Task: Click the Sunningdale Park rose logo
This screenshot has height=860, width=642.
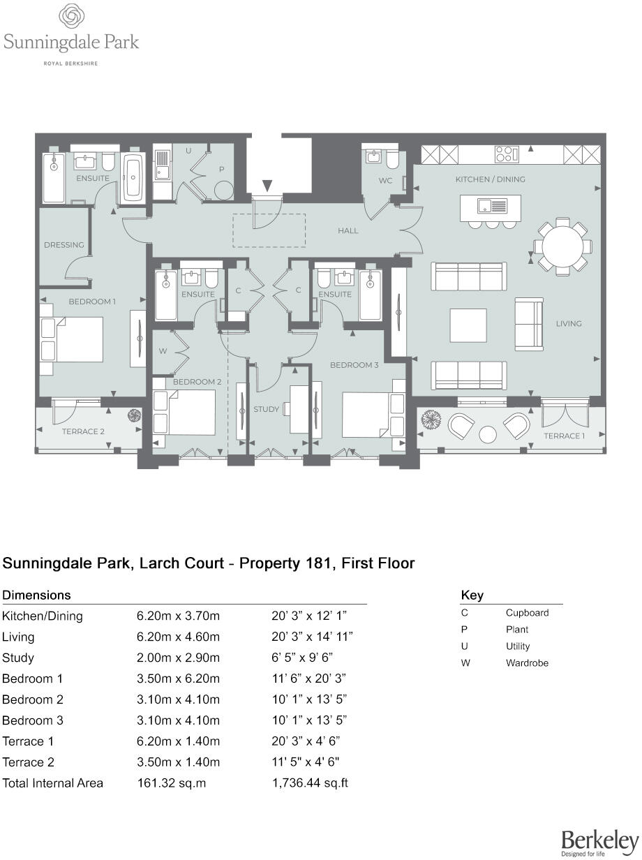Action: tap(70, 16)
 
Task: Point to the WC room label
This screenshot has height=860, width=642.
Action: tap(385, 181)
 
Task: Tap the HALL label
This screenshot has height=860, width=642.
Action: tap(348, 231)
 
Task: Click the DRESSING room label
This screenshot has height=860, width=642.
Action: tap(64, 245)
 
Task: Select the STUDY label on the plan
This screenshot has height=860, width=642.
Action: tap(266, 409)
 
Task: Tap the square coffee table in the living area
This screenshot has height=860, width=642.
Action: tap(468, 325)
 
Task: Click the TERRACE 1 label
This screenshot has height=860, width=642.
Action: tap(564, 436)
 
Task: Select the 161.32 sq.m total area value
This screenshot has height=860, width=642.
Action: tap(172, 783)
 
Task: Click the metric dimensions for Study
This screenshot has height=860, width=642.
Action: tap(178, 658)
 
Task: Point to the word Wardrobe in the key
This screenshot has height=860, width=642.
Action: tap(527, 663)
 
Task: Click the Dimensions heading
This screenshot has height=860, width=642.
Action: tap(36, 595)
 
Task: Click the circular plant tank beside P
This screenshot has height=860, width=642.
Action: tap(224, 191)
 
